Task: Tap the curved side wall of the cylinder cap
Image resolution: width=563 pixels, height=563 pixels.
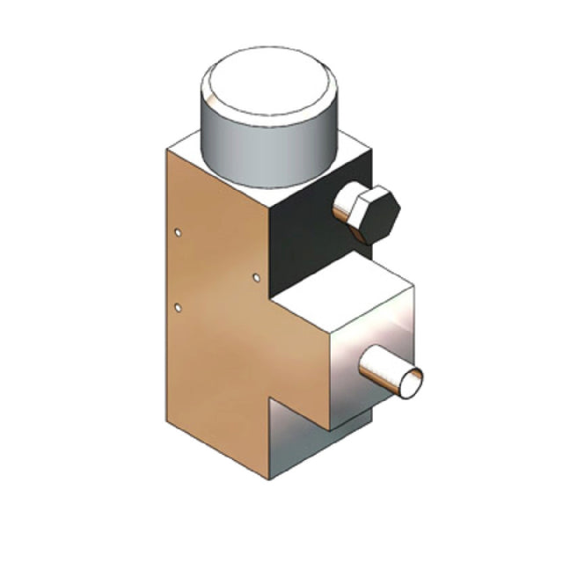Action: point(264,150)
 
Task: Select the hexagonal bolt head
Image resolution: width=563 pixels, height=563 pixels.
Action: point(366,213)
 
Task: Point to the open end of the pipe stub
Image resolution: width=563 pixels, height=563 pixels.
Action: point(411,382)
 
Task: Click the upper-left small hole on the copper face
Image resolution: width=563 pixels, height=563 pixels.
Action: point(179,233)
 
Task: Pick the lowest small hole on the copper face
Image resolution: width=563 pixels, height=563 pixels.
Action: point(179,308)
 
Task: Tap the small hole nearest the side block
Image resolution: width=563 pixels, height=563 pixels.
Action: point(256,278)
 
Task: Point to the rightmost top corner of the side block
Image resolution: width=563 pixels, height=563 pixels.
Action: point(413,286)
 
